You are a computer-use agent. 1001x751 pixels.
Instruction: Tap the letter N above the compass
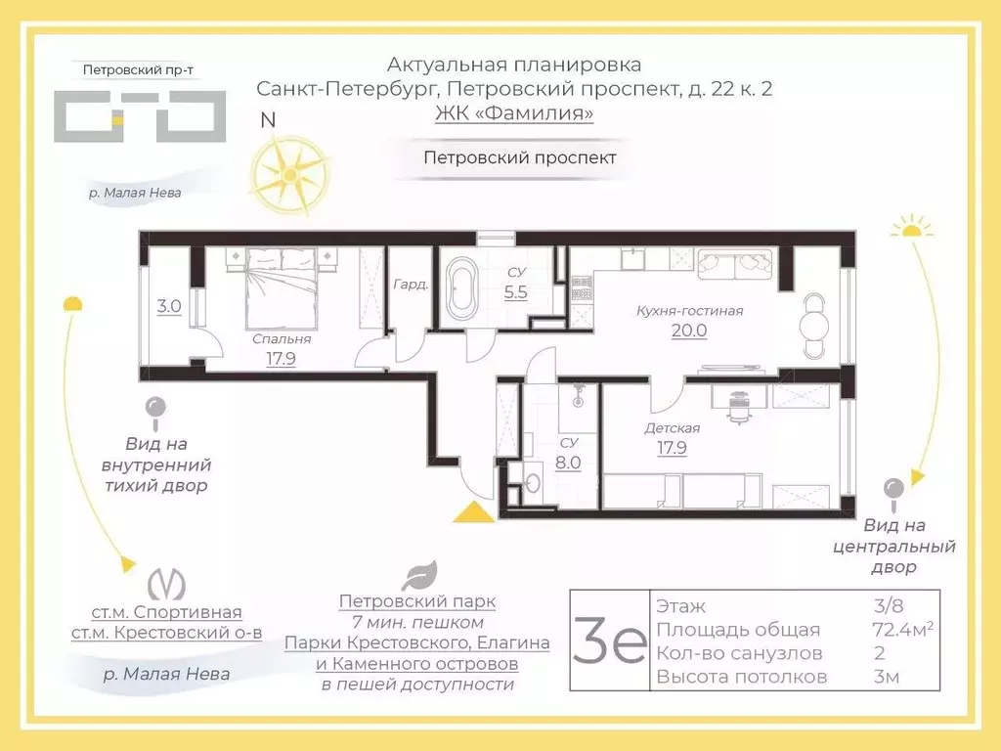click(x=267, y=120)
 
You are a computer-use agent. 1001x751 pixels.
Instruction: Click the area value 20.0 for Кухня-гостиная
click(x=688, y=331)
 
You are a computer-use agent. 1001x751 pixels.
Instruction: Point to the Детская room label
click(x=672, y=427)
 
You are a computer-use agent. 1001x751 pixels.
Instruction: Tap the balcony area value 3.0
click(x=169, y=306)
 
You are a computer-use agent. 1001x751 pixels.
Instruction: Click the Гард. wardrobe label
click(x=411, y=286)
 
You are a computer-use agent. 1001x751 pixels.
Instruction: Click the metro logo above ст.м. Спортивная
click(x=166, y=584)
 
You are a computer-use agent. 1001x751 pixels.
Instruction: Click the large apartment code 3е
click(x=608, y=641)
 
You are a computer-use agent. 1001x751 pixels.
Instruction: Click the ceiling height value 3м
click(x=886, y=677)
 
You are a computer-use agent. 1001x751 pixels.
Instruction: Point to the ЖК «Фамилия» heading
click(x=514, y=113)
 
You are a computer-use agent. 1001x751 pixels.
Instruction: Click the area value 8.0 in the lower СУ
click(x=569, y=463)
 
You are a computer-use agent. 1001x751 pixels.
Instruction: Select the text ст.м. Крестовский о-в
click(x=166, y=633)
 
